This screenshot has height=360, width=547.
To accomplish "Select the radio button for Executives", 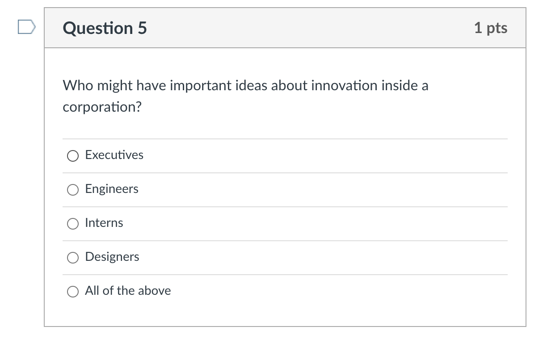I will coord(73,155).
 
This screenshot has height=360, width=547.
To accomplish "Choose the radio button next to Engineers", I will coord(73,189).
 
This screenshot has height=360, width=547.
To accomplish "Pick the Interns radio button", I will coord(73,223).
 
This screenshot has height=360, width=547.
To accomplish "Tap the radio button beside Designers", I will coord(73,257).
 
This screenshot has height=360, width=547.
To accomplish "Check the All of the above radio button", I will coord(73,291).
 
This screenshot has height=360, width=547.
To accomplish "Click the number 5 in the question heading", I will coord(142,28).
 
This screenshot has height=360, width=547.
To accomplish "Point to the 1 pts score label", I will coord(491,28).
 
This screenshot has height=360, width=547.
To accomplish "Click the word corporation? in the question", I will coord(102,107).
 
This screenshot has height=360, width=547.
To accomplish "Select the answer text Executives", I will coord(114,155).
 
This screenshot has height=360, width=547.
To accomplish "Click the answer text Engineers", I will coord(112,189).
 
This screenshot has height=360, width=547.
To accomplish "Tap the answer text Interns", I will coord(104,223).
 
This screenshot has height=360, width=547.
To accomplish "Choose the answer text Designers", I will coord(112,257).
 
